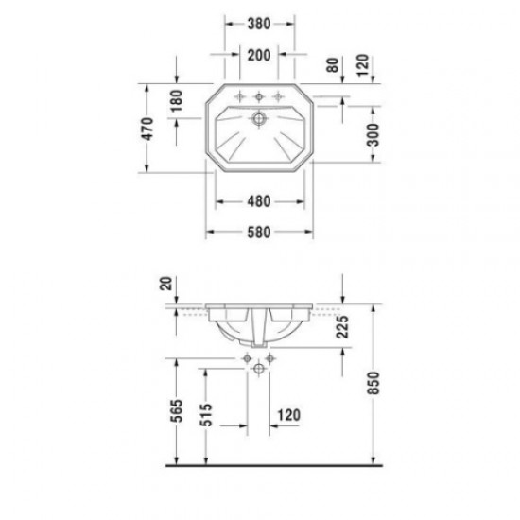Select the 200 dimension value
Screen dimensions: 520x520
tap(258, 54)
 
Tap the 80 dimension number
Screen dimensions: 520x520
tap(332, 66)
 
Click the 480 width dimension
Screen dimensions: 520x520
tap(258, 201)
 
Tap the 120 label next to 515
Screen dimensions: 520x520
tap(288, 414)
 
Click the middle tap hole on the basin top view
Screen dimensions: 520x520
tap(258, 95)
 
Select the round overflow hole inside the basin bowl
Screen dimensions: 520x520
tap(258, 120)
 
